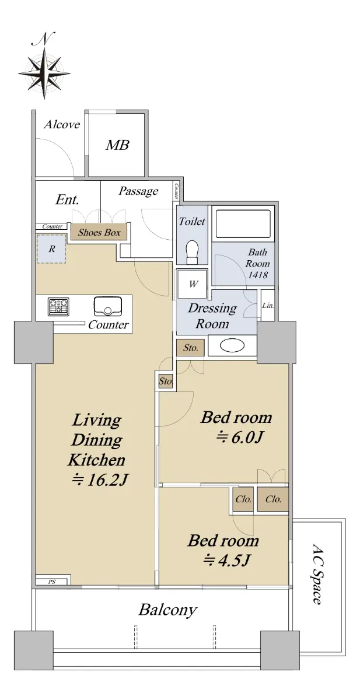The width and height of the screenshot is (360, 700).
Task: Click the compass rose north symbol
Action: click(44, 65)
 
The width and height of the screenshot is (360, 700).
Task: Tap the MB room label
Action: click(117, 145)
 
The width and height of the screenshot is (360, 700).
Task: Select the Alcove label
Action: click(62, 125)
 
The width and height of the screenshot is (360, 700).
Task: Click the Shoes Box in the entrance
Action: click(99, 232)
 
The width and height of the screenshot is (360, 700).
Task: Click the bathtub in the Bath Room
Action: click(243, 224)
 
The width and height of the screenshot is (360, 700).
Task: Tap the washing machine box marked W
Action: click(193, 284)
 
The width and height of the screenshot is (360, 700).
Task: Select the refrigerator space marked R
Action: click(51, 249)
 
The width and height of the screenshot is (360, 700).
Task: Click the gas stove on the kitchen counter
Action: click(58, 307)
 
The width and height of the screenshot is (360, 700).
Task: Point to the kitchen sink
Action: click(108, 306)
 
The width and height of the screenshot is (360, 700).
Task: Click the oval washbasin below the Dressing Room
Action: click(232, 345)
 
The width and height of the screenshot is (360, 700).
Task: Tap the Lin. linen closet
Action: click(268, 305)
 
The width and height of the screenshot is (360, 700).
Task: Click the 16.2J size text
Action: click(100, 480)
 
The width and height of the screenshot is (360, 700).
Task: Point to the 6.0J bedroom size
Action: click(239, 437)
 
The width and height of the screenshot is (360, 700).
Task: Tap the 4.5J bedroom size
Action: click(226, 559)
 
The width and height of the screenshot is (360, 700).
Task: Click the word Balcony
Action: click(168, 610)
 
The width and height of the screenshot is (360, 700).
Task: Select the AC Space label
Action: click(317, 574)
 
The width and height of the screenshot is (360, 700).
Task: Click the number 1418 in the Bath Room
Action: click(258, 275)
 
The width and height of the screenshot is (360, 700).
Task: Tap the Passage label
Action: click(138, 191)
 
